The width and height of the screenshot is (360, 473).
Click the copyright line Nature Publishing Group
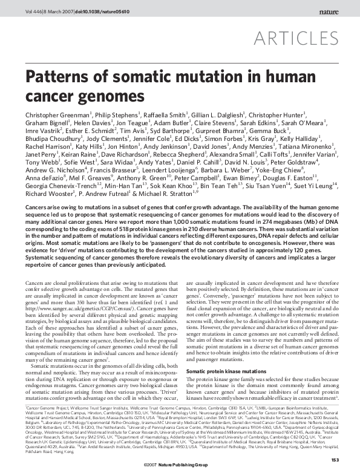(x=192, y=465)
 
